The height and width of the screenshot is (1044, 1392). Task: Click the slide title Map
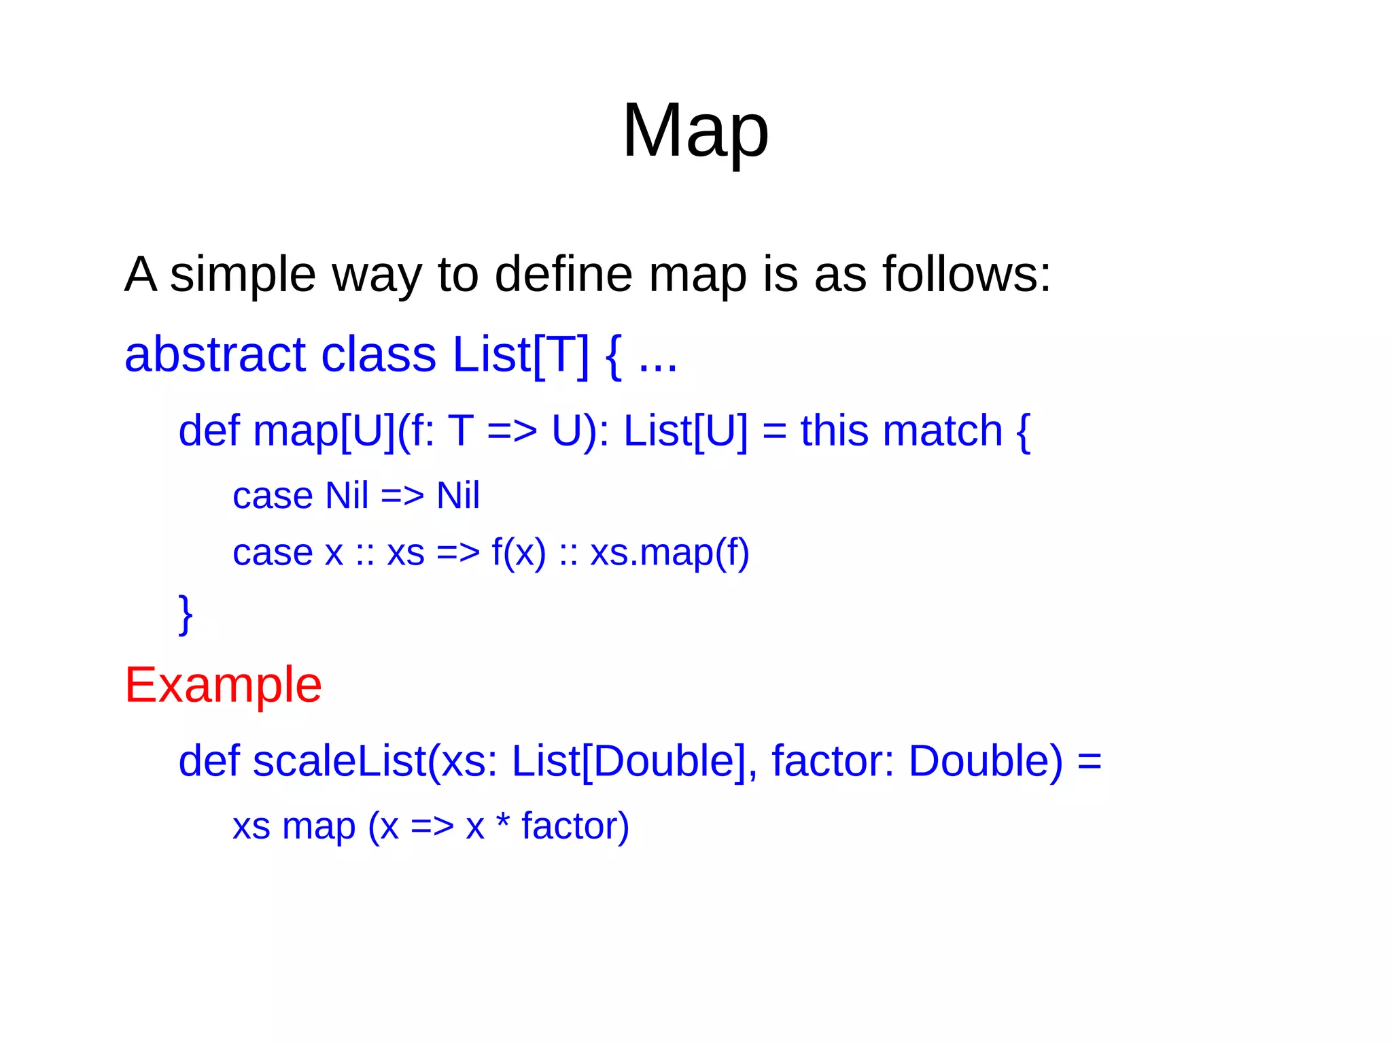click(x=695, y=131)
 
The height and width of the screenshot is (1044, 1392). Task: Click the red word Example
click(x=223, y=685)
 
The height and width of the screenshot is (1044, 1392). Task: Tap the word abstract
click(x=215, y=354)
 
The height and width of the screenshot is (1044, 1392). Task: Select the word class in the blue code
click(x=378, y=354)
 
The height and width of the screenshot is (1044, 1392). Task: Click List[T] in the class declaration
click(x=521, y=355)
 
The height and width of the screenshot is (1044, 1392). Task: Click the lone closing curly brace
click(x=185, y=613)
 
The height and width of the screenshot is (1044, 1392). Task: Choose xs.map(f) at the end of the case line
click(x=669, y=552)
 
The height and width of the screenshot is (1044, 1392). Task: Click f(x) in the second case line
click(x=519, y=552)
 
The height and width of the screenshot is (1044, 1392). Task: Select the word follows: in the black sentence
click(x=966, y=274)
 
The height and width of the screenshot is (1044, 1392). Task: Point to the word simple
click(x=243, y=274)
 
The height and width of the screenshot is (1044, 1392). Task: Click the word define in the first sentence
click(x=563, y=274)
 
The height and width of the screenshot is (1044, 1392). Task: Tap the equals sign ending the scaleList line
click(x=1089, y=762)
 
